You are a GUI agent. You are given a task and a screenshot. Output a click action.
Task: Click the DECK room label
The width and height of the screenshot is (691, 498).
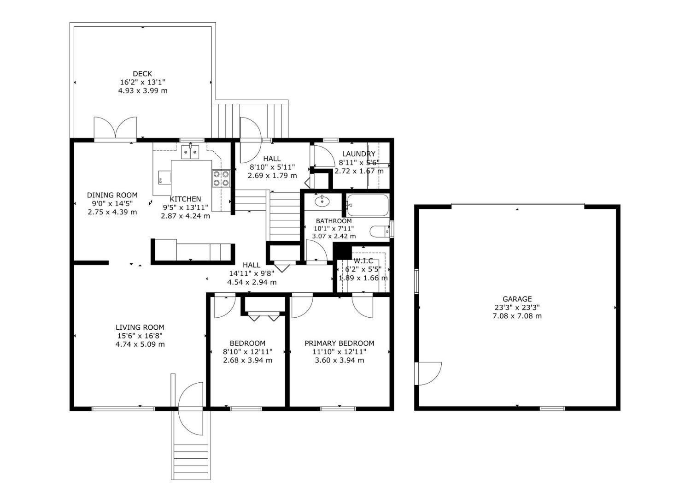click(x=142, y=74)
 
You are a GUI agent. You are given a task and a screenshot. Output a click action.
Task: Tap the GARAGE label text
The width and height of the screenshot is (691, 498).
click(x=517, y=299)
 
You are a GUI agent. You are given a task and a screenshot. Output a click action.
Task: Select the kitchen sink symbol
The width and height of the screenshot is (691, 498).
click(x=190, y=152)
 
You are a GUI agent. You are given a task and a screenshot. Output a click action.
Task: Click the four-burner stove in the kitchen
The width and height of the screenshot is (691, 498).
click(x=221, y=178)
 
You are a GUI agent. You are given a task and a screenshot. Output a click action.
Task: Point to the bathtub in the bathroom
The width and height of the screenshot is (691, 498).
click(x=367, y=205)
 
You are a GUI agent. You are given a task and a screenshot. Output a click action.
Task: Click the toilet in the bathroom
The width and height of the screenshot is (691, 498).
click(x=380, y=231)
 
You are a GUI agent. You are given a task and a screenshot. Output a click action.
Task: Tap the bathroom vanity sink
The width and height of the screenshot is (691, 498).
click(x=322, y=202)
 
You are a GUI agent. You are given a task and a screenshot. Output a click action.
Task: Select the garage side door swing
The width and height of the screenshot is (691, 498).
click(x=428, y=373)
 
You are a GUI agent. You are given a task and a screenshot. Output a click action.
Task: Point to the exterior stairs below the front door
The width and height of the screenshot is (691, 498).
click(x=191, y=462)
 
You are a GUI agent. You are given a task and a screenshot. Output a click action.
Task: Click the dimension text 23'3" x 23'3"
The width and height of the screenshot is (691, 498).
click(x=517, y=308)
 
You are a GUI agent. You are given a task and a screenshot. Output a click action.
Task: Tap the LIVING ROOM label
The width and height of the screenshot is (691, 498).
click(x=140, y=327)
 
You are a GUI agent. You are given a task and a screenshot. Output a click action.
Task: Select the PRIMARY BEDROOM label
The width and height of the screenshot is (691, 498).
click(x=340, y=344)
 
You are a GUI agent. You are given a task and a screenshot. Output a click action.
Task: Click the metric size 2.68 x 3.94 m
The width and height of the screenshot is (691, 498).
click(x=248, y=360)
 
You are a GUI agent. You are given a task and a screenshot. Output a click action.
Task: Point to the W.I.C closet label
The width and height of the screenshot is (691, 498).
click(x=363, y=261)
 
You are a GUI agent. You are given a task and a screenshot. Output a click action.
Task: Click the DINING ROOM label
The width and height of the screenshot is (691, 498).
click(x=112, y=195)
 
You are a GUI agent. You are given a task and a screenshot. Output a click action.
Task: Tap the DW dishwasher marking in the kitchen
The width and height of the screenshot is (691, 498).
click(x=160, y=180)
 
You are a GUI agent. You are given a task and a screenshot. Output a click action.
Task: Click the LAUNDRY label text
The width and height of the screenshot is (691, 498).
click(x=358, y=154)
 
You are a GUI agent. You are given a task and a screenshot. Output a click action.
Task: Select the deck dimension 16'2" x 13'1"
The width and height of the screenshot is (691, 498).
click(x=142, y=82)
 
